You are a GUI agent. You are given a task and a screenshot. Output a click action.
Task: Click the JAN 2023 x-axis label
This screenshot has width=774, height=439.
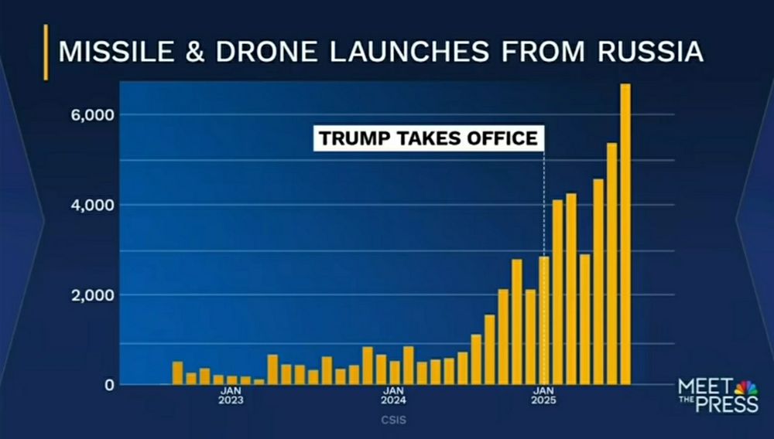[231, 396]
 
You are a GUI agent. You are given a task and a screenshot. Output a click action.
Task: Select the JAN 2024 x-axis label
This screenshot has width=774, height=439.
[394, 396]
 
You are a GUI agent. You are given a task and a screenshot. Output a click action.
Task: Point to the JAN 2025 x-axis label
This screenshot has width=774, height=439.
[543, 396]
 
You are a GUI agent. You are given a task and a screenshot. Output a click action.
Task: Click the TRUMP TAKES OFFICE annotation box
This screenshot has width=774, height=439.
[428, 139]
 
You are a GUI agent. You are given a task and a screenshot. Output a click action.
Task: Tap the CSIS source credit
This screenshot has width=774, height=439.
[393, 420]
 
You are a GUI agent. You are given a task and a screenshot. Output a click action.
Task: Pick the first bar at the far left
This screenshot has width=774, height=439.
[177, 373]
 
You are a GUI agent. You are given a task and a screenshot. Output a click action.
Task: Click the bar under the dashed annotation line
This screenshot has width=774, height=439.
[544, 321]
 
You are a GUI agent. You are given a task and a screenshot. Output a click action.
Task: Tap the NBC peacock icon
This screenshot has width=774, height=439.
[746, 386]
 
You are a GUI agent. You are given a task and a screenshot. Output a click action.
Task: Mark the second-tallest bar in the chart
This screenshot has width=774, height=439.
[611, 264]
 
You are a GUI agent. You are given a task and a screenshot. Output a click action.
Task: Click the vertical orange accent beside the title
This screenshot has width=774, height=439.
[46, 52]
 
